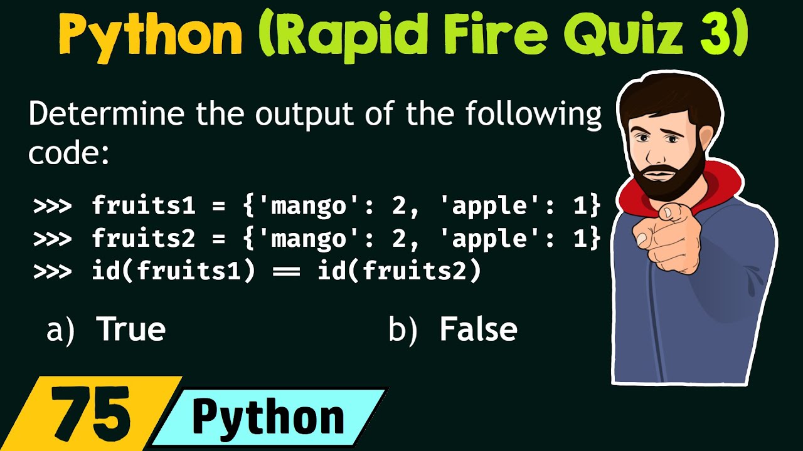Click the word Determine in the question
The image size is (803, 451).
[x=107, y=115]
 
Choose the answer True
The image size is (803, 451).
[x=130, y=329]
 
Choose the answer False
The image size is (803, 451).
[x=478, y=329]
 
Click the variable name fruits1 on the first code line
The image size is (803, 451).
[x=144, y=205]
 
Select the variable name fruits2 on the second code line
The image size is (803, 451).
[x=144, y=239]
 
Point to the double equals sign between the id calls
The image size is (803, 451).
[x=286, y=272]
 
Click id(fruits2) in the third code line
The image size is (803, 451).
[x=399, y=272]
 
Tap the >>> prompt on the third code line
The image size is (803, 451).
[x=53, y=272]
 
